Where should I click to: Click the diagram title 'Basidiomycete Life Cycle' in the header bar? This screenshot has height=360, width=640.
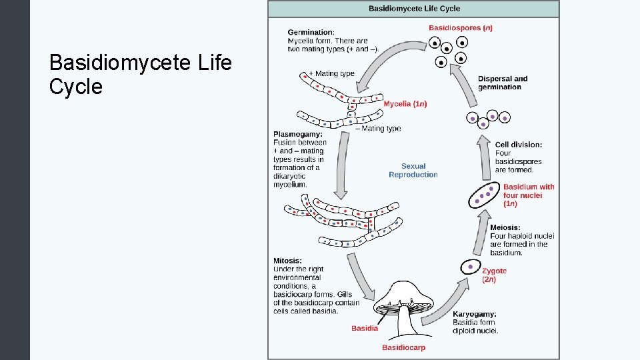(x=414, y=9)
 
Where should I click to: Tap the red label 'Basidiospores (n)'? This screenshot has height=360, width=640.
(x=461, y=28)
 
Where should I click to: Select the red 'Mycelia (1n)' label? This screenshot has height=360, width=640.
(x=405, y=104)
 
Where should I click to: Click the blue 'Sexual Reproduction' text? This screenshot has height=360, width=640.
(x=413, y=171)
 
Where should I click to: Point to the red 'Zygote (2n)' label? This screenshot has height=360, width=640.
(x=494, y=275)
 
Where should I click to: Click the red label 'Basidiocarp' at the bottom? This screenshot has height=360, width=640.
(x=403, y=347)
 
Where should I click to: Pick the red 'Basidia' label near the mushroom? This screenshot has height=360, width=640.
(x=365, y=328)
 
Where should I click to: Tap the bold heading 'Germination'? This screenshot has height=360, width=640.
(x=311, y=32)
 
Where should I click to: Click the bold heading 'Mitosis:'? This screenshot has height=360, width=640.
(x=287, y=261)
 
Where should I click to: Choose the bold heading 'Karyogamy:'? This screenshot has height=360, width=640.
(x=475, y=314)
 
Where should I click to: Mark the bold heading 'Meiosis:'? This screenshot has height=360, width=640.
(x=505, y=227)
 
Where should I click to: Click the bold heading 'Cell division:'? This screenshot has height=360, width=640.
(x=519, y=145)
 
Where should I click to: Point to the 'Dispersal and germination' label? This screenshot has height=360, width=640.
(x=503, y=83)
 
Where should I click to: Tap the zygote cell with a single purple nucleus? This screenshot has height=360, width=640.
(x=471, y=267)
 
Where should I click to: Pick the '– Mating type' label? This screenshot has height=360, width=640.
(x=377, y=129)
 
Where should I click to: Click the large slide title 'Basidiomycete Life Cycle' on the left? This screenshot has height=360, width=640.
(x=141, y=75)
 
